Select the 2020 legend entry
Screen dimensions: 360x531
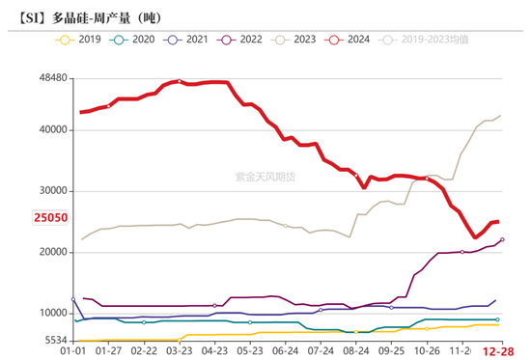134,40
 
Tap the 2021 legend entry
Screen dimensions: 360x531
189,40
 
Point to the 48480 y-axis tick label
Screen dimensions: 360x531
49,77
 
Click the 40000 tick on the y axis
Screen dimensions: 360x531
49,129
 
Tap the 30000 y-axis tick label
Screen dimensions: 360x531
49,190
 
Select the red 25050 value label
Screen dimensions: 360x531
47,219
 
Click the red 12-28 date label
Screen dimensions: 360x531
498,353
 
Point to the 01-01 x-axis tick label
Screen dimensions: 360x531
72,353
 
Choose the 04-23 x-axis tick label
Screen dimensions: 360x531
214,353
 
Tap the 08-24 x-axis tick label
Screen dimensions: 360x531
356,353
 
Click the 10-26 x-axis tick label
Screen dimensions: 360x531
428,353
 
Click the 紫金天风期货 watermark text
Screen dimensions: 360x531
265,177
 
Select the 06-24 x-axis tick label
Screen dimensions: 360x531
286,353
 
